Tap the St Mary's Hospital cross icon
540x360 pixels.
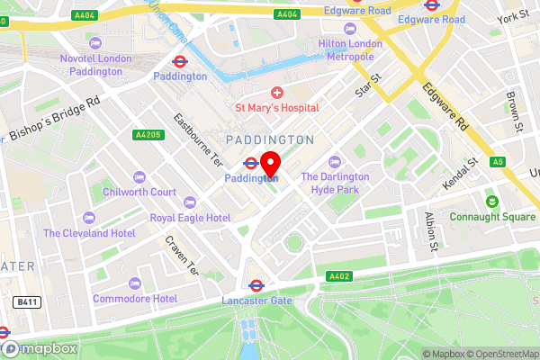tap(276, 94)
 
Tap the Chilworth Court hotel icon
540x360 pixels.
tap(139, 176)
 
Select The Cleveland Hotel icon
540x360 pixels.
tap(89, 217)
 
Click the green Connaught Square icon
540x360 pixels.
tap(492, 200)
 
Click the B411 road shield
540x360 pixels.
tap(25, 303)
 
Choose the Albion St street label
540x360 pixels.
tap(432, 231)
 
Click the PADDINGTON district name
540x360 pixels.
tap(270, 139)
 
